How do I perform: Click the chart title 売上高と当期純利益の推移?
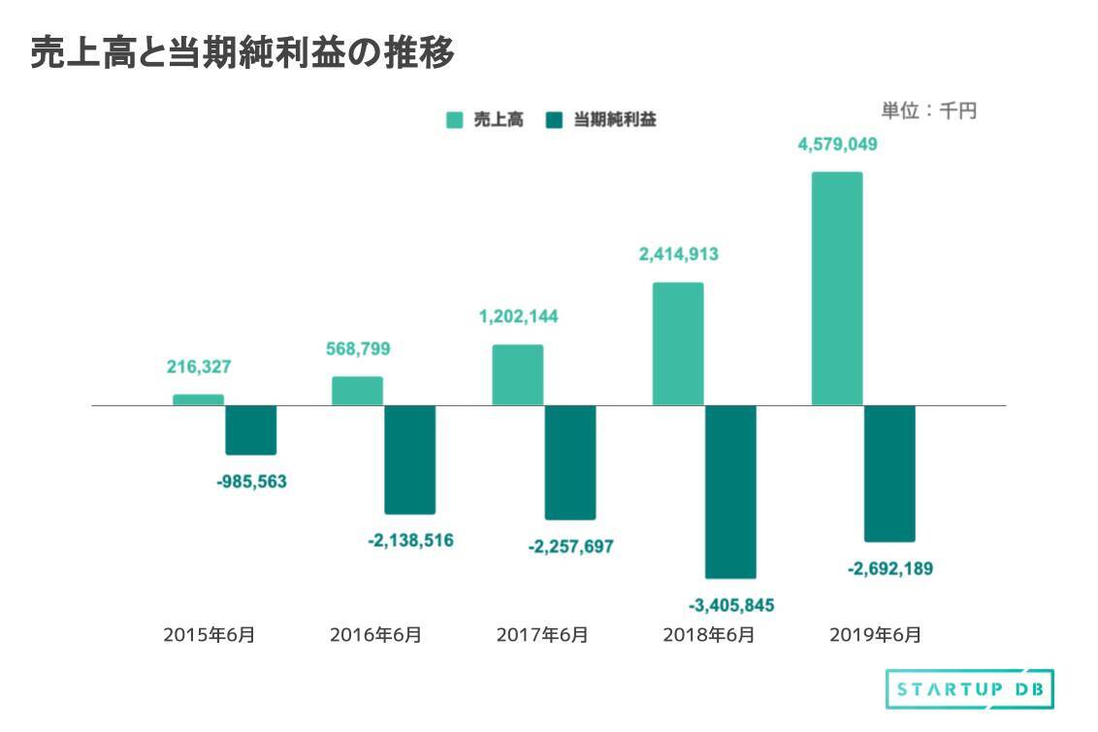pos(242,53)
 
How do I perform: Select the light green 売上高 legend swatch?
pos(454,120)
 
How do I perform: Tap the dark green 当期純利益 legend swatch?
pos(554,120)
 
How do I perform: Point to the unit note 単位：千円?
pos(928,111)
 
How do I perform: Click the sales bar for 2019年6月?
pos(836,288)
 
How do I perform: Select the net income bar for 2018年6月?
pos(730,492)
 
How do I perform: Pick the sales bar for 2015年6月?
pos(198,399)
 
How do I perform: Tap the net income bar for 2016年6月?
pos(410,459)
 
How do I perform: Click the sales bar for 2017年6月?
pos(517,374)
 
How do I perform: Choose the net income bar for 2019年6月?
pos(889,473)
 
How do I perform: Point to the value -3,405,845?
pos(731,606)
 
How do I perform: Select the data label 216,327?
pos(198,367)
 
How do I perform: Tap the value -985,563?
pos(251,481)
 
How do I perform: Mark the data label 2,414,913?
pos(678,256)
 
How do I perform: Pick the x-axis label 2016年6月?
pos(375,636)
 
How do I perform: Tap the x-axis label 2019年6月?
pos(876,636)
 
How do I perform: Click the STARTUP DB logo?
pos(970,689)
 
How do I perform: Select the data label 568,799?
pos(358,349)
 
